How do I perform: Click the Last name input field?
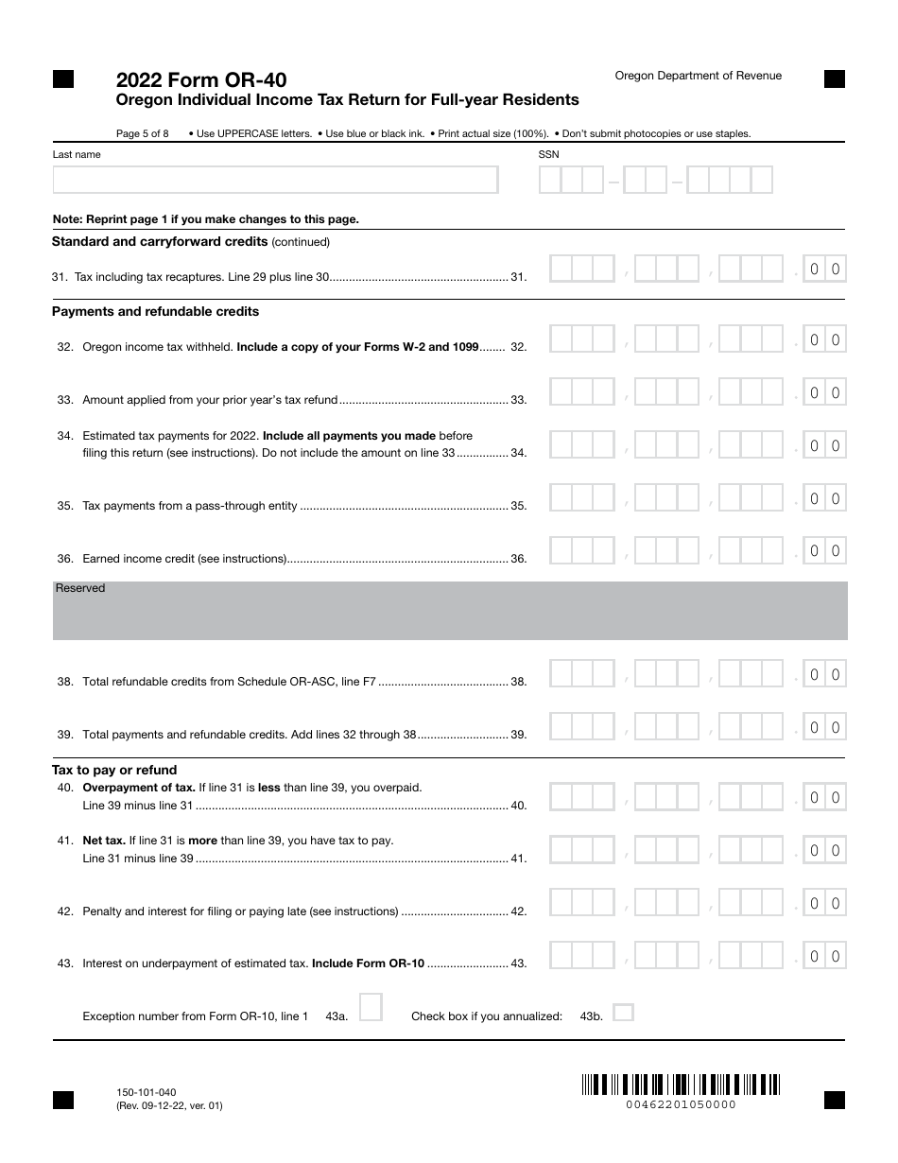(x=275, y=180)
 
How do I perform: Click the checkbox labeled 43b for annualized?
(x=622, y=1013)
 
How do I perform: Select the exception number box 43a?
(x=371, y=1007)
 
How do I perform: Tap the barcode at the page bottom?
(x=680, y=1084)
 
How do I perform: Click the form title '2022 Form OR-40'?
(x=201, y=80)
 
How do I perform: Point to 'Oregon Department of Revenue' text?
(x=698, y=76)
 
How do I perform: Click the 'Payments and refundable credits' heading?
(x=155, y=311)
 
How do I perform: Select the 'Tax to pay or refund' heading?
(x=114, y=770)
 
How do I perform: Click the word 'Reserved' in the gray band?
(x=80, y=588)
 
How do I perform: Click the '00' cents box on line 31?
(x=824, y=269)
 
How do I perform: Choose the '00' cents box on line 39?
(x=824, y=728)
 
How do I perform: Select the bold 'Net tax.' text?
(x=104, y=840)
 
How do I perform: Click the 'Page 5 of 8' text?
(x=142, y=133)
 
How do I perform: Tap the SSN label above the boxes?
(x=548, y=154)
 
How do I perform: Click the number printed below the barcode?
(x=681, y=1104)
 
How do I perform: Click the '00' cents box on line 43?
(x=824, y=957)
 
